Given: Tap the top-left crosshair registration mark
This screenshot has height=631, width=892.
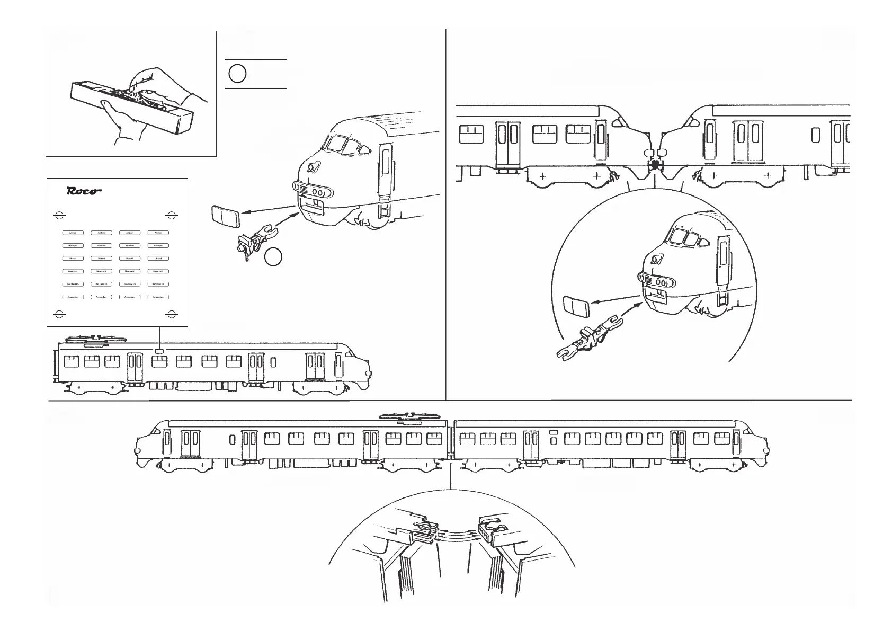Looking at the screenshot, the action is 59,216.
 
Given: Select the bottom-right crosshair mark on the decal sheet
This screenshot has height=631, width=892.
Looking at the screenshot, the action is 172,314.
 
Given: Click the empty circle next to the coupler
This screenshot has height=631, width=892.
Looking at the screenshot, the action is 273,257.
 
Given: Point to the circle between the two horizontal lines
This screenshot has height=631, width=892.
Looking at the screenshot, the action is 237,74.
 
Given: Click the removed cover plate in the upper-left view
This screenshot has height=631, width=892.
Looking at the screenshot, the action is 225,217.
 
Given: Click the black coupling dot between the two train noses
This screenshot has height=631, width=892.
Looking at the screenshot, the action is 656,165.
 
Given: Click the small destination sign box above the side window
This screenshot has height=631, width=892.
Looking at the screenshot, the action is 159,351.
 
